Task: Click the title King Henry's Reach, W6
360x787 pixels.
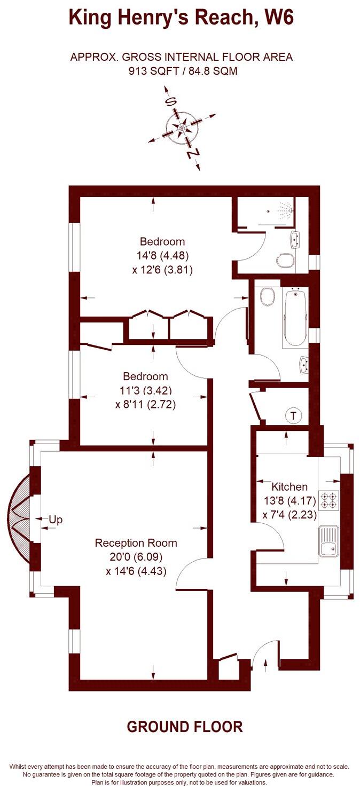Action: [181, 18]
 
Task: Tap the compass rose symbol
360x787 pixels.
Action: [182, 128]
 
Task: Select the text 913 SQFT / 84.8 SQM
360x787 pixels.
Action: [181, 70]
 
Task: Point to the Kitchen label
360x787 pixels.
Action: [289, 486]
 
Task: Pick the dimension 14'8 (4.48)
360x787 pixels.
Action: [162, 255]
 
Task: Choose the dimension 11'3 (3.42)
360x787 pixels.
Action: [145, 390]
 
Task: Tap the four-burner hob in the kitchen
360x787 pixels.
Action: [329, 500]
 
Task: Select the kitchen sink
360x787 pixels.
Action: [328, 541]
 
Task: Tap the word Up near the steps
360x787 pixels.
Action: [56, 519]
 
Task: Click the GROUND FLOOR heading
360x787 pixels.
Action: [184, 727]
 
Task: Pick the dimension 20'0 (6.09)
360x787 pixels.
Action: [136, 557]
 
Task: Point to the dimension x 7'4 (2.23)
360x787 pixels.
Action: [289, 515]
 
